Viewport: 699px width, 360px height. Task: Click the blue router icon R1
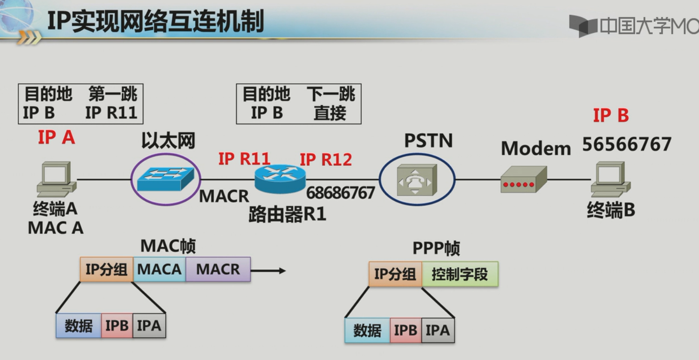click(280, 179)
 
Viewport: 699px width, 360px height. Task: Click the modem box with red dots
click(523, 180)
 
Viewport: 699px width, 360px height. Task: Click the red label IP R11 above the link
click(244, 159)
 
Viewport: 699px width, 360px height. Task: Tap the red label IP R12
click(325, 160)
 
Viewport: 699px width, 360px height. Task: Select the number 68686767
click(340, 192)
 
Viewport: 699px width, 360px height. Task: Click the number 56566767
click(626, 144)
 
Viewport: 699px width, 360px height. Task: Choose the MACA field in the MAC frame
click(159, 269)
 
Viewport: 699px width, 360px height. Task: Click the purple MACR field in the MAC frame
click(218, 269)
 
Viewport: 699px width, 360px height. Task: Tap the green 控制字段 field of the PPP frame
click(459, 274)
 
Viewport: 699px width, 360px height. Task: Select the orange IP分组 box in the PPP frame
click(395, 274)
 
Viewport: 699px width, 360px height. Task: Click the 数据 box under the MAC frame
click(78, 326)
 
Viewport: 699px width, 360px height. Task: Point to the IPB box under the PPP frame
click(405, 331)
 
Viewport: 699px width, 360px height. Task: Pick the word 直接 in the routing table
click(330, 113)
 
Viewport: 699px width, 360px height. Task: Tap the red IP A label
click(56, 138)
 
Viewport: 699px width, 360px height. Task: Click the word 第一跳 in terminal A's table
click(113, 95)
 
